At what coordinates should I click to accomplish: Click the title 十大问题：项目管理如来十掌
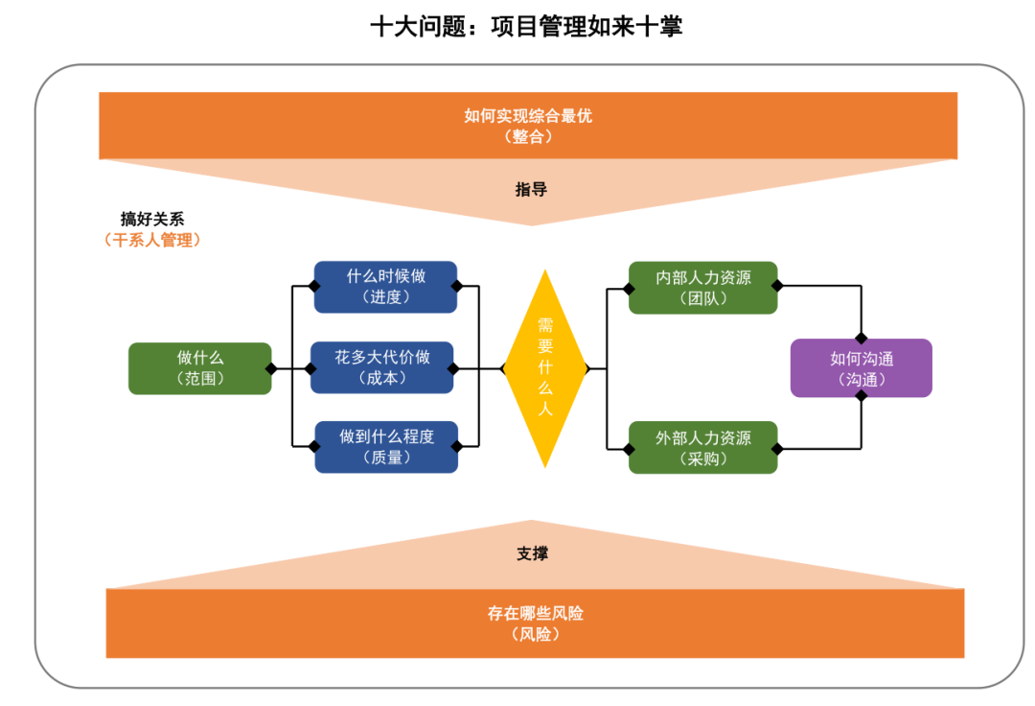point(526,26)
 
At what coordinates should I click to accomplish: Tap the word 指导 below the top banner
point(531,190)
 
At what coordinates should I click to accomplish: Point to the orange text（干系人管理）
point(152,241)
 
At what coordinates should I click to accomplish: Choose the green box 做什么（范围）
point(199,368)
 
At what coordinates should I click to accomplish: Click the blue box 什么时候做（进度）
point(385,287)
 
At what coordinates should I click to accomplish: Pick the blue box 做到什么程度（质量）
point(386,447)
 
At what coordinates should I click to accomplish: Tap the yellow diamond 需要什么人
point(544,368)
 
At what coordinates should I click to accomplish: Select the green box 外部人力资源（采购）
point(702,448)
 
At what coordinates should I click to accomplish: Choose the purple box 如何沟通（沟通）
point(861,368)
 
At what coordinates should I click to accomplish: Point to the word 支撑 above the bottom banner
point(532,554)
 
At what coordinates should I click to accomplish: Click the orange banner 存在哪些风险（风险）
point(535,624)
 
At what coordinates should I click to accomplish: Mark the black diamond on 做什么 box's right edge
point(271,368)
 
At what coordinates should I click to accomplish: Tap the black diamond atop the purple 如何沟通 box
point(861,339)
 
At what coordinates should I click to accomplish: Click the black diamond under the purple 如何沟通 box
point(861,397)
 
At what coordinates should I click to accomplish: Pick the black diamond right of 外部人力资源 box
point(777,447)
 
